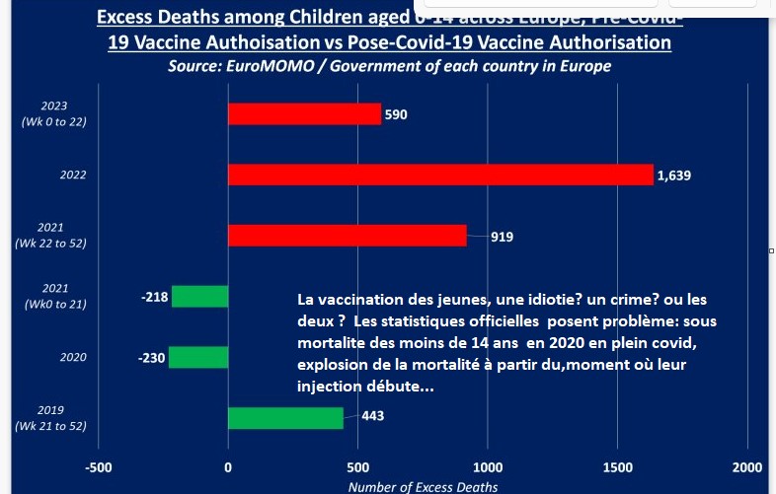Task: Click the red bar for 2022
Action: (x=440, y=175)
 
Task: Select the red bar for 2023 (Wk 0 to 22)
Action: (x=304, y=114)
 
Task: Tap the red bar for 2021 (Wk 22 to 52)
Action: (x=347, y=236)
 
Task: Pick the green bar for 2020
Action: (x=198, y=357)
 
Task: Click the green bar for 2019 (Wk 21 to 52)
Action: (x=285, y=417)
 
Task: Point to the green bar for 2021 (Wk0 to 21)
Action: (x=199, y=296)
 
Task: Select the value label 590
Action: (x=396, y=114)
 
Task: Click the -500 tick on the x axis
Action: (x=99, y=466)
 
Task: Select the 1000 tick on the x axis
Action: (x=488, y=466)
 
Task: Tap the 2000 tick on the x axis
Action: (x=747, y=466)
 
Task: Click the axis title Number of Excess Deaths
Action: (x=424, y=486)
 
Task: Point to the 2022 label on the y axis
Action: (x=45, y=176)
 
